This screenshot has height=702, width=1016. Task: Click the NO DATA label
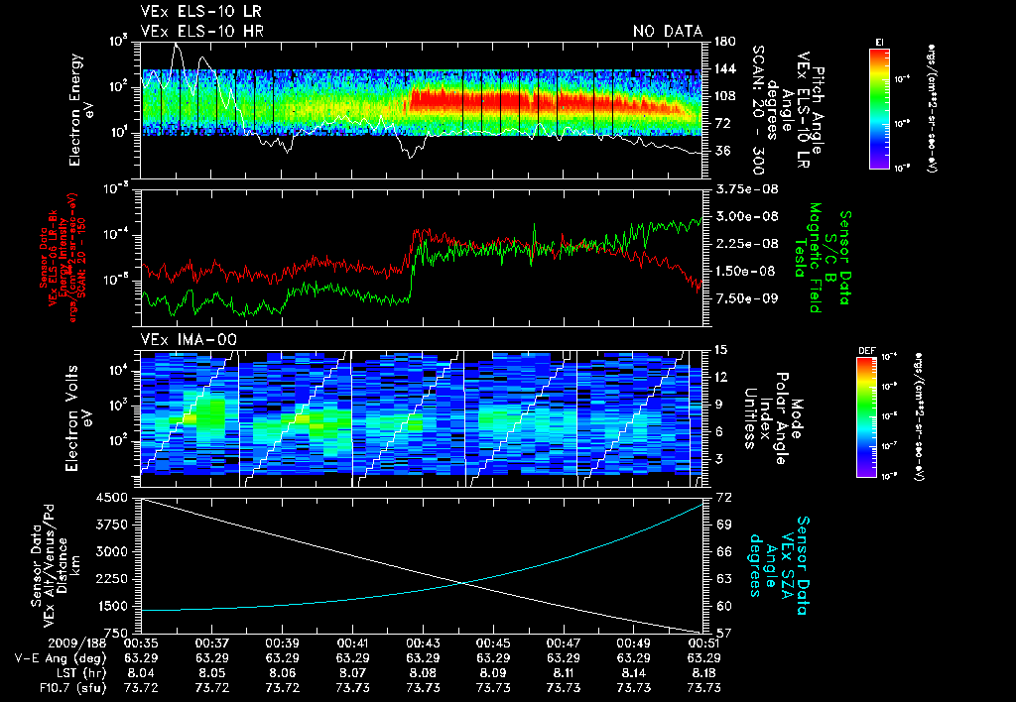tap(668, 32)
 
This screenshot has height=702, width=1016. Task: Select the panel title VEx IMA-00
tap(188, 339)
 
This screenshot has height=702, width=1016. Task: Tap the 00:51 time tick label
tap(703, 643)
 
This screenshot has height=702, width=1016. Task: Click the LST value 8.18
tap(703, 671)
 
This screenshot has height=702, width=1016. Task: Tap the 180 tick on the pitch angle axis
tap(723, 42)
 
